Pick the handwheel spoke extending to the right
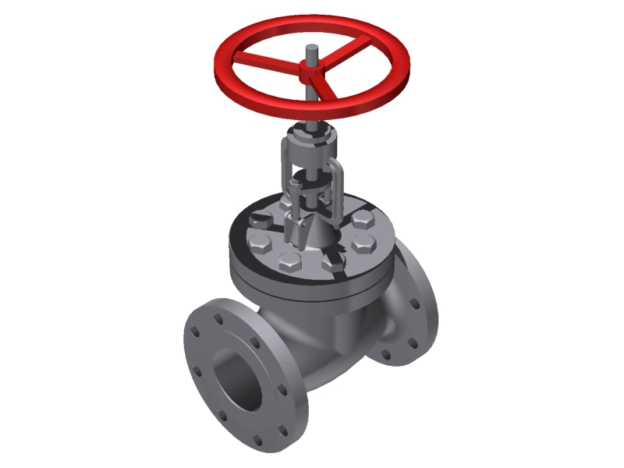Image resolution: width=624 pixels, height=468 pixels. (351, 61)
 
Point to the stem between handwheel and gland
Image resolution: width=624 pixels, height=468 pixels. (311, 113)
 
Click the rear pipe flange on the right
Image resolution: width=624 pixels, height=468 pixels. (413, 312)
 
